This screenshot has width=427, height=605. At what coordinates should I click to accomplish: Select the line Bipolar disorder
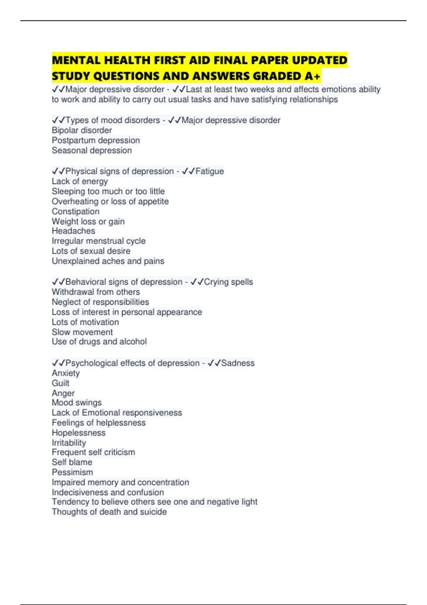(x=82, y=130)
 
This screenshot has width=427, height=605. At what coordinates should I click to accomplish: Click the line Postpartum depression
(x=96, y=140)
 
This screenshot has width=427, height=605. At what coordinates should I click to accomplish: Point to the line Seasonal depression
(x=92, y=150)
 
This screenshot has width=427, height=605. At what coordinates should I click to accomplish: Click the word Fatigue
(x=210, y=171)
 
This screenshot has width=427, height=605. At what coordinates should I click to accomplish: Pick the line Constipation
(x=75, y=211)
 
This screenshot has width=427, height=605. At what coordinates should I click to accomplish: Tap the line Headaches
(x=73, y=231)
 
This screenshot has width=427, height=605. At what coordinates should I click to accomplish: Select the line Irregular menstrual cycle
(x=99, y=241)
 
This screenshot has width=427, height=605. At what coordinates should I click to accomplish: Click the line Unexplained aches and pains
(x=108, y=261)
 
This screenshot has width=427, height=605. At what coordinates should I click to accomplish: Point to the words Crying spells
(x=228, y=282)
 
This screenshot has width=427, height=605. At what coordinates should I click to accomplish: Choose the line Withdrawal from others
(x=96, y=292)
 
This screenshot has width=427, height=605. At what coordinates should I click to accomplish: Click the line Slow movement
(x=82, y=332)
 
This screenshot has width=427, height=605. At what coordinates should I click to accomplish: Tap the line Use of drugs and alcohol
(x=99, y=342)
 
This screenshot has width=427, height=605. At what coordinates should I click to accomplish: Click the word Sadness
(x=238, y=363)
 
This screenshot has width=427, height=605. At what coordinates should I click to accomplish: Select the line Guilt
(x=60, y=383)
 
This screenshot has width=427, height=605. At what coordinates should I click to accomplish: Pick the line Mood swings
(x=77, y=403)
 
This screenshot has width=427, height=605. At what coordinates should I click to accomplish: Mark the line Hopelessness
(x=79, y=433)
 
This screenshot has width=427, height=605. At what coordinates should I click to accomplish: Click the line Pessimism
(x=72, y=472)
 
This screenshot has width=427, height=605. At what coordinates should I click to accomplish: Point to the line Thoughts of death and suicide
(x=109, y=512)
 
